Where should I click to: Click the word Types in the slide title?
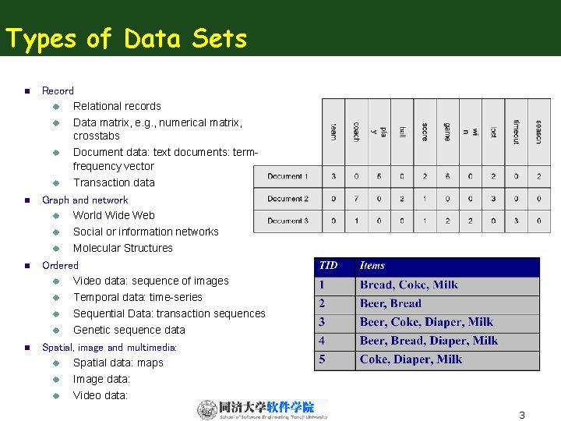pos(41,38)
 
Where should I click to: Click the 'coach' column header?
pos(356,131)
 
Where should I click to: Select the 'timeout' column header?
pos(516,131)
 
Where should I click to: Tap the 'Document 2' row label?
pos(288,199)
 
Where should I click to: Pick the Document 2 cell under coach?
pos(356,199)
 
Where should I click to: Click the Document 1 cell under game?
pos(447,176)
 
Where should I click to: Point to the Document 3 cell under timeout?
pos(516,221)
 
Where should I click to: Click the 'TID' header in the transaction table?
pos(329,266)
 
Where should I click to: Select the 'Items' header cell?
pos(372,266)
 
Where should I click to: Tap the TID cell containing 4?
pos(323,341)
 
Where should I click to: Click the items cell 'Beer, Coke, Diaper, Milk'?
pos(426,322)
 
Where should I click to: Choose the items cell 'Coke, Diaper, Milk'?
pos(411,359)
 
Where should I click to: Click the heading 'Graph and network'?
pos(85,200)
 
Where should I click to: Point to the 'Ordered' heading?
pos(60,265)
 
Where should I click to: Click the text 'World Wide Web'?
pos(114,215)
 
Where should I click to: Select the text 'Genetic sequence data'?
pos(129,330)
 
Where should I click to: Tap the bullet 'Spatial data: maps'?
pos(118,363)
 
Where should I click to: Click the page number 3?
pos(522,415)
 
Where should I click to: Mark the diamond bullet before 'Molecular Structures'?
pos(57,248)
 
